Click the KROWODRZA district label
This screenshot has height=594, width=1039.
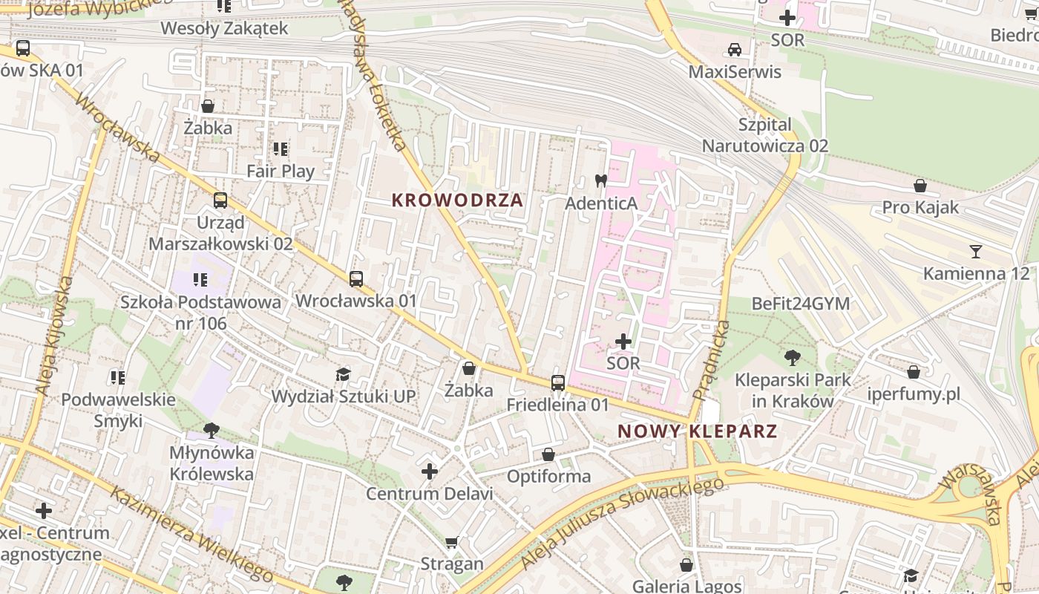(457, 200)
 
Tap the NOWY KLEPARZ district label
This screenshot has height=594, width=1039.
(697, 431)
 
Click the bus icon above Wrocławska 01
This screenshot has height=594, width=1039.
(356, 279)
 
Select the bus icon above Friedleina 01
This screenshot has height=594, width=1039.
(558, 383)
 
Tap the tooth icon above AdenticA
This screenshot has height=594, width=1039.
(601, 180)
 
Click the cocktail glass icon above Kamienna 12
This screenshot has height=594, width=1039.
(976, 252)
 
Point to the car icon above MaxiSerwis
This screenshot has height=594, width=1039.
(735, 50)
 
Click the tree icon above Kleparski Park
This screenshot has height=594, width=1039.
(792, 358)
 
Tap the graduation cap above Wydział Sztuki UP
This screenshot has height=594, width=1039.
(343, 374)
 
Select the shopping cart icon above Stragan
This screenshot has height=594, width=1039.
(452, 543)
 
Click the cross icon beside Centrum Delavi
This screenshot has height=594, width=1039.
(430, 471)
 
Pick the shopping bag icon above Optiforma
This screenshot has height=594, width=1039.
(548, 454)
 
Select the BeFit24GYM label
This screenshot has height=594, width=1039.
(801, 304)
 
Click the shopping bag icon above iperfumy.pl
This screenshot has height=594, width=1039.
(914, 372)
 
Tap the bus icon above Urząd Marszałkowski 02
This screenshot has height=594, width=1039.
(220, 200)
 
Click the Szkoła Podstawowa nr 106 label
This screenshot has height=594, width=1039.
(201, 313)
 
